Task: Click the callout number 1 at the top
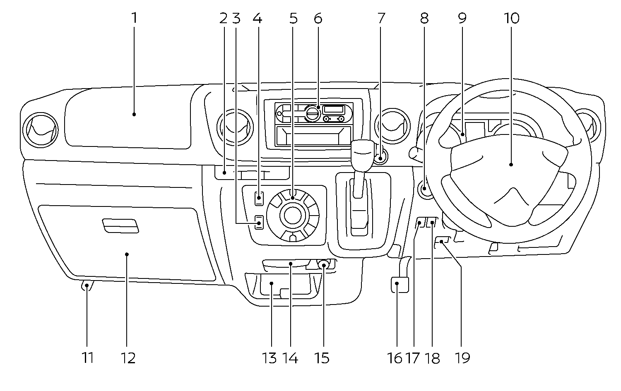tap(134, 18)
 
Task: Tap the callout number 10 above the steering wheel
tap(511, 18)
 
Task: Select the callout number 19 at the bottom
tap(462, 357)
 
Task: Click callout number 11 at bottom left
tap(87, 357)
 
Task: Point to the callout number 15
tap(322, 357)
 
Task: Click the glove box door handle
tap(120, 226)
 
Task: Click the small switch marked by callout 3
tap(259, 223)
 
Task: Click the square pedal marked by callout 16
tap(400, 285)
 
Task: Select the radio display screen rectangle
tap(334, 109)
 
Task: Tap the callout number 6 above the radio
tap(318, 18)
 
